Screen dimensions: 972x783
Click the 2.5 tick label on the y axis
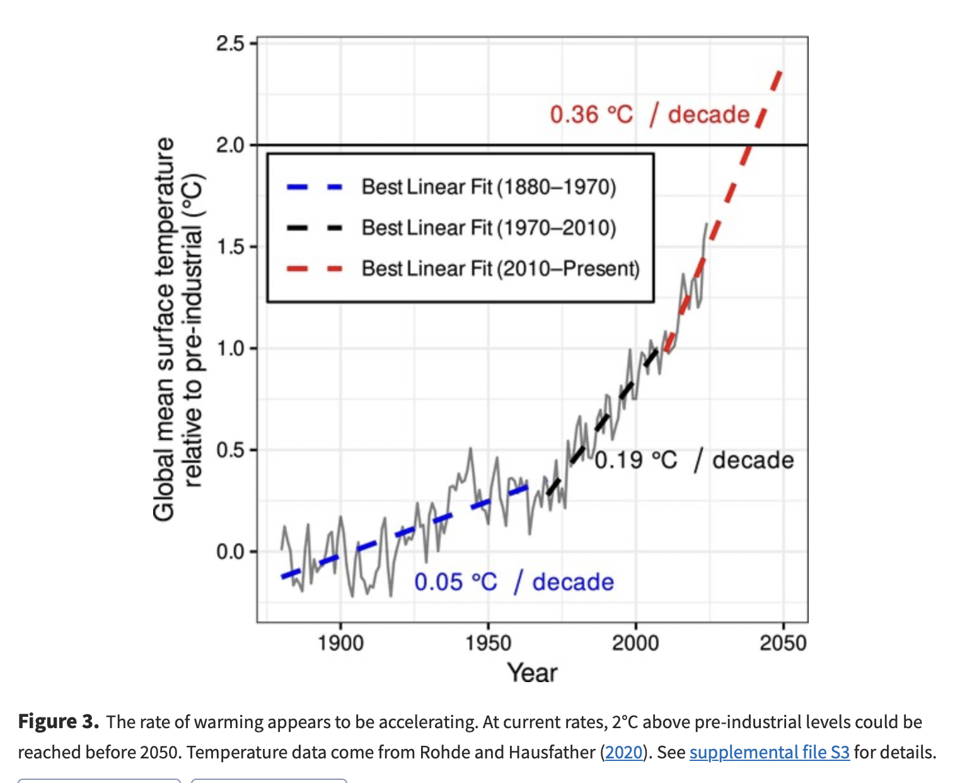[230, 44]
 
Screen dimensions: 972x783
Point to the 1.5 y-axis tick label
[230, 246]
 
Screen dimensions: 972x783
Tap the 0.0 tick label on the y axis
[230, 552]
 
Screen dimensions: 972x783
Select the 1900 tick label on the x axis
[340, 643]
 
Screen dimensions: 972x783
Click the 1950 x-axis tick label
[489, 643]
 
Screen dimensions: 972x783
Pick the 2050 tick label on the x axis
[783, 643]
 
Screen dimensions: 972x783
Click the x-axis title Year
[532, 673]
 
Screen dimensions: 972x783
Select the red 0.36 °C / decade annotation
[649, 114]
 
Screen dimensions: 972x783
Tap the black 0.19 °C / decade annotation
[694, 460]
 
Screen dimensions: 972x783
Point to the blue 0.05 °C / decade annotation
[514, 582]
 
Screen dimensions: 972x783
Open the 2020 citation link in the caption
[623, 752]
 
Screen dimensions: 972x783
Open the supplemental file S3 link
[770, 752]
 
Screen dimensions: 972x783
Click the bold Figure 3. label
[58, 722]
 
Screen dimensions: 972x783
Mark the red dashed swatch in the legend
[315, 269]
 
